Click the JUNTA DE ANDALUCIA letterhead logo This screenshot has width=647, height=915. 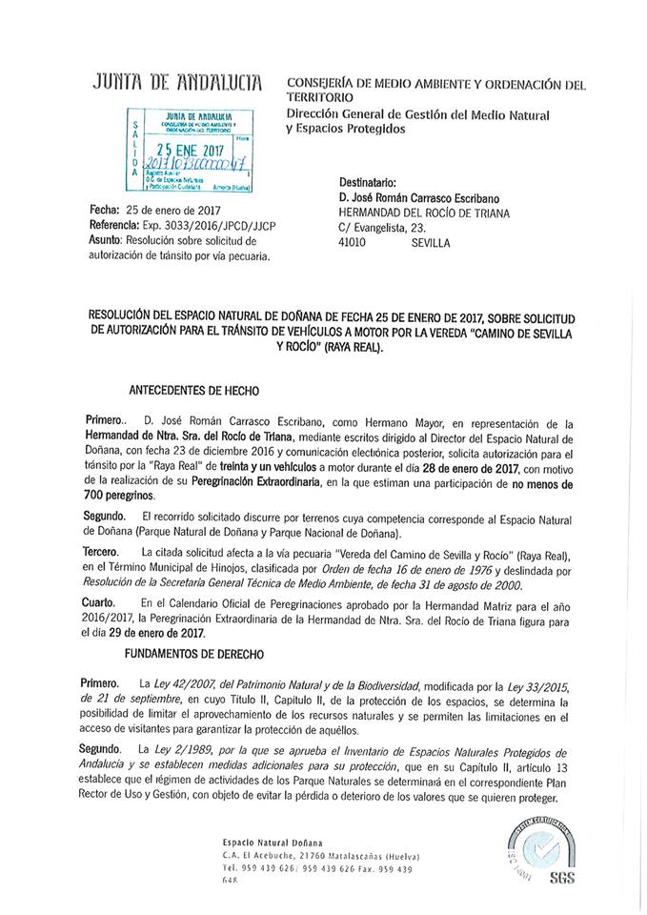[x=178, y=86]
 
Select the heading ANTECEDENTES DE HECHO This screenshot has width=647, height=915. [x=192, y=390]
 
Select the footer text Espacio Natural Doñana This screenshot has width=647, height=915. [x=259, y=843]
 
